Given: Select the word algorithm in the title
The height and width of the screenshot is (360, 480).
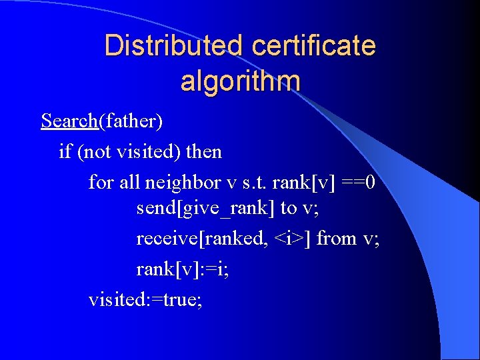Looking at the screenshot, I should coord(240,81).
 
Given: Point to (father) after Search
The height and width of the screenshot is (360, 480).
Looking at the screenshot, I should coord(131,121).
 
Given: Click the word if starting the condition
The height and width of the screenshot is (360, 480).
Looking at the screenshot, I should coord(65,152).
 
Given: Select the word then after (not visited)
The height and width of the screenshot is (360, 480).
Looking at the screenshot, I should coord(204,152).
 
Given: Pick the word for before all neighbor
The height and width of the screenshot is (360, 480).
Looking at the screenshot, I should coord(101,182).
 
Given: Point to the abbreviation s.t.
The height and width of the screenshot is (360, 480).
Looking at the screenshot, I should coord(251,182).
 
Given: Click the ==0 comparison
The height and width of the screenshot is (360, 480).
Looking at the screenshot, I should coord(361,182).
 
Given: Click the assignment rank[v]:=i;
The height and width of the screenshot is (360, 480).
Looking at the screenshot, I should coord(182,269).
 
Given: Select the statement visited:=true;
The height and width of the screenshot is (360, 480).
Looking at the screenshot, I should coord(145,299).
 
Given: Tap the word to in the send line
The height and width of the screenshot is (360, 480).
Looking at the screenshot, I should coord(288,209).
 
